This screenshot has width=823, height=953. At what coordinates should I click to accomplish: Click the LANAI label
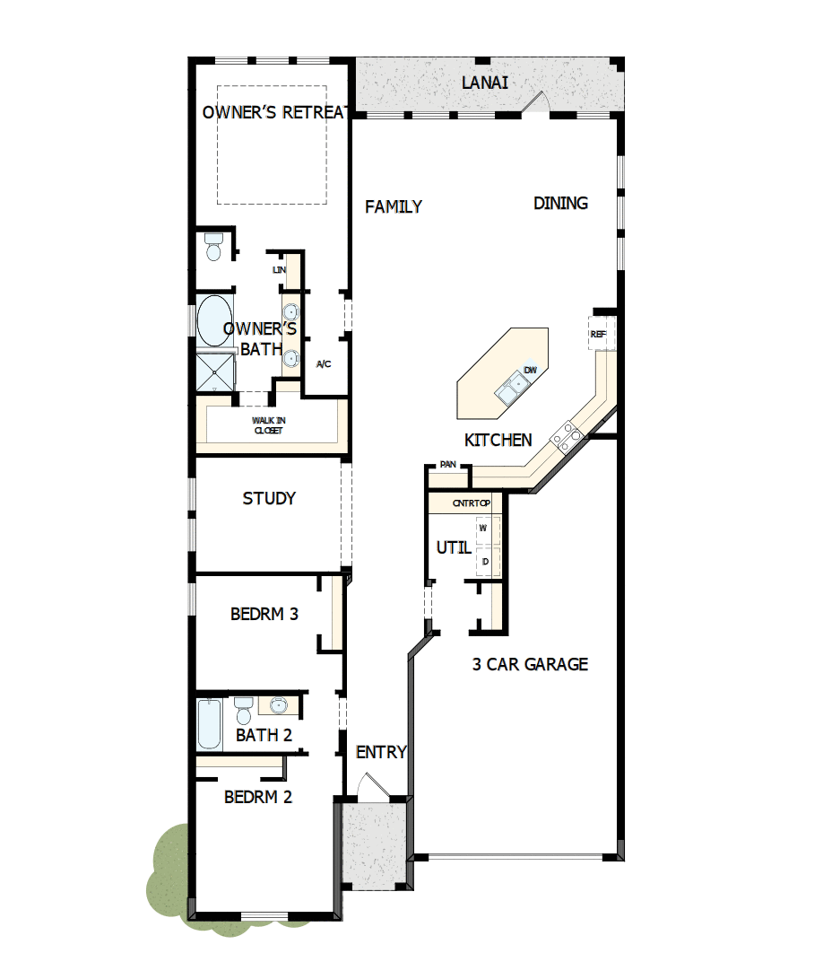[x=485, y=83]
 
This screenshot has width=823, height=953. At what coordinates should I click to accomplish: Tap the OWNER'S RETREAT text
[x=274, y=112]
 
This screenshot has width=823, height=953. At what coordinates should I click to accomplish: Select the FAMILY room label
[x=394, y=207]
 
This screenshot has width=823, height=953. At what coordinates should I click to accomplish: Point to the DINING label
[x=560, y=204]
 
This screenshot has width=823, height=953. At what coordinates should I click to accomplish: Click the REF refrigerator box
[x=599, y=334]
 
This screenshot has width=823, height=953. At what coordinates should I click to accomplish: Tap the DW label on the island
[x=530, y=371]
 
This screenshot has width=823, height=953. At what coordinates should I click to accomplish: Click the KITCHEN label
[x=498, y=441]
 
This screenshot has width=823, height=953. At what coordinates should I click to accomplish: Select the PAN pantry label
[x=447, y=465]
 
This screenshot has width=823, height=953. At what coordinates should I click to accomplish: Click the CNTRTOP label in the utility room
[x=472, y=503]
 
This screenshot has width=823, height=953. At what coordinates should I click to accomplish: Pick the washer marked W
[x=483, y=529]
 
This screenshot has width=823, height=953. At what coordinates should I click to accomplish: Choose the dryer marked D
[x=484, y=562]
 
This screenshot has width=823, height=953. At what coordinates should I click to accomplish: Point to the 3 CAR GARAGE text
[x=530, y=665]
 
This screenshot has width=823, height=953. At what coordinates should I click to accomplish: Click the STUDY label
[x=269, y=499]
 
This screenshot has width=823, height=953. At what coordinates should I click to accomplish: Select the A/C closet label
[x=325, y=364]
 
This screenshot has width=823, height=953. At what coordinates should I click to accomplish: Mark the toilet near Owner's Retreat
[x=213, y=247]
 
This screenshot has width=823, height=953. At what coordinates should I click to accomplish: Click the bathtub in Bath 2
[x=209, y=724]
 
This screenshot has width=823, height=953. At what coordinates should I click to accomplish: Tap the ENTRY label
[x=381, y=752]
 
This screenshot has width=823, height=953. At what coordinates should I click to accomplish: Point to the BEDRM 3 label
[x=264, y=615]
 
